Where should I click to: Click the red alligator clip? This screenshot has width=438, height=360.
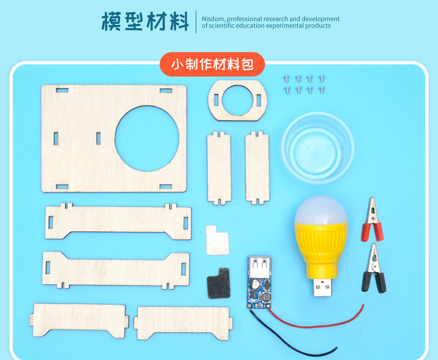pos(372,221)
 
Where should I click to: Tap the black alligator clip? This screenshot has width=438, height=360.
pos(374,270)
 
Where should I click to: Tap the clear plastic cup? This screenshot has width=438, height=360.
pos(318,148)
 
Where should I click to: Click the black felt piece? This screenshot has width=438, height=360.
pos(218,283)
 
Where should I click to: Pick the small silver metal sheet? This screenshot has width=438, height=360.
pos(217,240)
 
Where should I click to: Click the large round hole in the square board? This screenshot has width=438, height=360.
pos(147,139)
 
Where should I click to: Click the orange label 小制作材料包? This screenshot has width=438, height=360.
pos(212,64)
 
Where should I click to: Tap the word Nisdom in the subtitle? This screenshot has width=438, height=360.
pos(213,19)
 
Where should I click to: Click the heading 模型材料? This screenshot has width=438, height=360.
pos(145,21)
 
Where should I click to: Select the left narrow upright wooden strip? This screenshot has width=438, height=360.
pos(219,168)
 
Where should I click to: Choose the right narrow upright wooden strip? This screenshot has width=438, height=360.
pos(257,168)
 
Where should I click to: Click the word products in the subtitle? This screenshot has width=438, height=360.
pos(318,26)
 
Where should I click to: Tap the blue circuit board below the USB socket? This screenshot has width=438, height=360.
pos(259,293)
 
